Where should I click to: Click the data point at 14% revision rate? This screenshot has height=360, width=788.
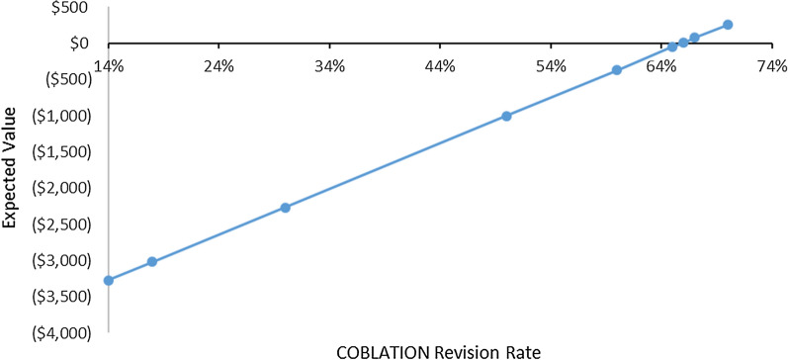[x=109, y=280]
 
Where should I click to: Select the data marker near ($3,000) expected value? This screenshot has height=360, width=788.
[x=152, y=262]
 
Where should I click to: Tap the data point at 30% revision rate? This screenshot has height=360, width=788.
[x=285, y=208]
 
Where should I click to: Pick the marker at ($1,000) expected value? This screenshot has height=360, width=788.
[x=506, y=116]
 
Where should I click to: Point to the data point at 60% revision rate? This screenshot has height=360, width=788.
[x=617, y=70]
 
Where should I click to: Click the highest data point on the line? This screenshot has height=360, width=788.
[x=728, y=25]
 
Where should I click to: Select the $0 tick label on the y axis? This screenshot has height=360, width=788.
[x=79, y=44]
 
